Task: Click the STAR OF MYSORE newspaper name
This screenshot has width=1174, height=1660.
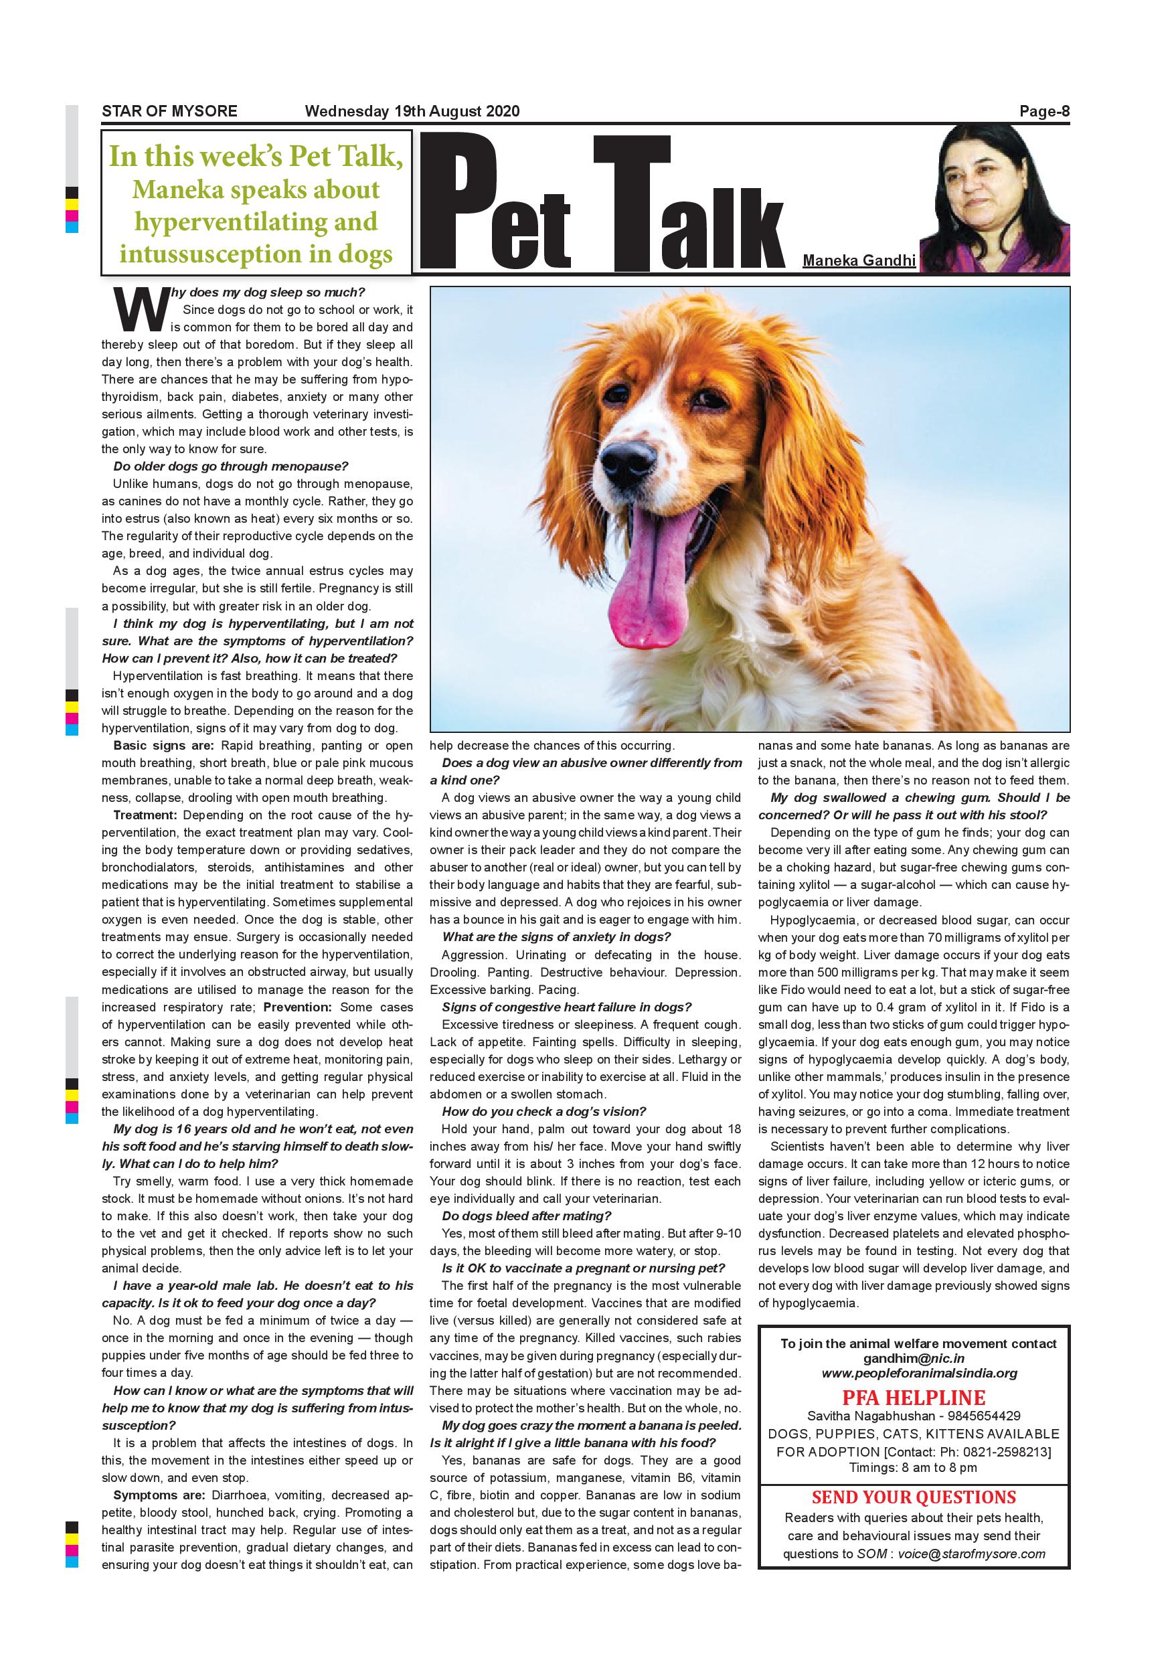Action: click(169, 111)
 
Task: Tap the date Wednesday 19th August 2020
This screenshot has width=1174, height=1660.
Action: click(412, 111)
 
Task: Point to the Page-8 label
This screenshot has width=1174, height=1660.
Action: click(1044, 111)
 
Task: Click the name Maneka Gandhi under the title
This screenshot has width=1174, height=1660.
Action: click(859, 260)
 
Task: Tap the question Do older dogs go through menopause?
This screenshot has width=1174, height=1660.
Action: click(231, 467)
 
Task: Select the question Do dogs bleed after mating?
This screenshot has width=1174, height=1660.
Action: click(526, 1216)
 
